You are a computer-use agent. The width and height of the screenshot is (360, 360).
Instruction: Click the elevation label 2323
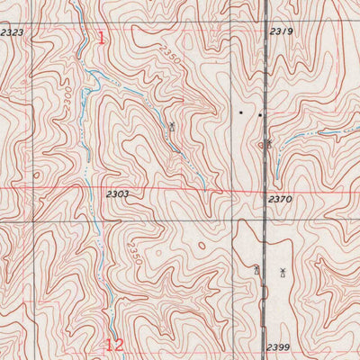pos(12,32)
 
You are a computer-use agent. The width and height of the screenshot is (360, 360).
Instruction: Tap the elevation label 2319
pos(282,31)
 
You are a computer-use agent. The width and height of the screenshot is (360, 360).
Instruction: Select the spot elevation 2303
pos(117,193)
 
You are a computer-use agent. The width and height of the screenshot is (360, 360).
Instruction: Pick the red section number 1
pos(101,39)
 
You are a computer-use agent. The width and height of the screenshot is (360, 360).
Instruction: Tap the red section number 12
pos(113,344)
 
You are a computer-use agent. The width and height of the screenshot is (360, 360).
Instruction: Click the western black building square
pos(240,113)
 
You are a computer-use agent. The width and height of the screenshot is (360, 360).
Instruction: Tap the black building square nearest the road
pos(259,115)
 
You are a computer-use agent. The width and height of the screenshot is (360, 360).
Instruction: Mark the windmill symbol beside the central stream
pos(172,127)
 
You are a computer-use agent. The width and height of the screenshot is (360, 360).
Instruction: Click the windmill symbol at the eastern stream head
pos(268,142)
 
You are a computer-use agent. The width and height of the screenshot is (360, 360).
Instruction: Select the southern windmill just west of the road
pos(256,269)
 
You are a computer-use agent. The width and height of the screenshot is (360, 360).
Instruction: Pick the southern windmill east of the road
pos(282,273)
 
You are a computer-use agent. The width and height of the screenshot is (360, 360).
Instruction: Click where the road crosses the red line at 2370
pos(266,191)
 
